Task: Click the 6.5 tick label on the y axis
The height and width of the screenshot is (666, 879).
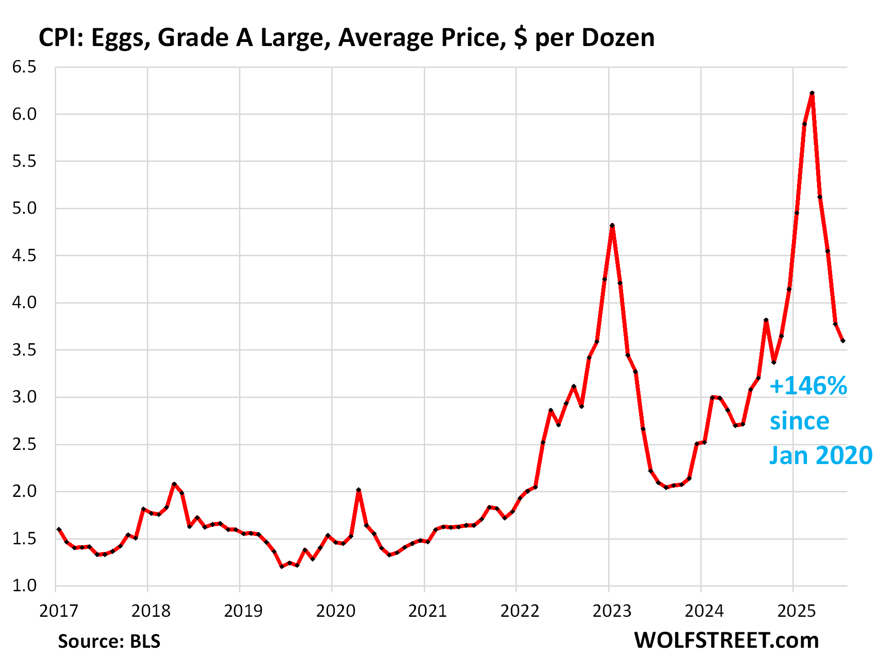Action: pos(24,67)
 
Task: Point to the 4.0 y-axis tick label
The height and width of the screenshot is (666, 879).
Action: pos(24,302)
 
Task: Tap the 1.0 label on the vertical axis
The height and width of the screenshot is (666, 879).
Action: pos(24,585)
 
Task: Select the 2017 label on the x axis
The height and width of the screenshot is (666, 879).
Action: pos(58,611)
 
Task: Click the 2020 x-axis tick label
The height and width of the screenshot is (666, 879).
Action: pos(335,611)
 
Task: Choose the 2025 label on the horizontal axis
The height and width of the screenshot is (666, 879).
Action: pos(796,611)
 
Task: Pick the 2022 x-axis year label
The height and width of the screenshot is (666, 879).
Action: pos(520,611)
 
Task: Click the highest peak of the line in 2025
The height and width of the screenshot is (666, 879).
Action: pos(812,93)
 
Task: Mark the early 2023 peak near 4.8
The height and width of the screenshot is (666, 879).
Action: pos(612,226)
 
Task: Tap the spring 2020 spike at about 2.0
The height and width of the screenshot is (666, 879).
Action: pos(359,490)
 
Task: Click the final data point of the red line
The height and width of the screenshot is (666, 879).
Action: pos(843,341)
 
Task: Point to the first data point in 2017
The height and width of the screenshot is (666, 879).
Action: pos(59,529)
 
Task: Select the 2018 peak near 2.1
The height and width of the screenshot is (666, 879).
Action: pos(174,484)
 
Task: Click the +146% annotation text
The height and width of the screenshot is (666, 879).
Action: pos(808,386)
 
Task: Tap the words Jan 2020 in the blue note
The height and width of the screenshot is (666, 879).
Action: pos(821,455)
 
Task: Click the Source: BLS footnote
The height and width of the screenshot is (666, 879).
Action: pos(109,641)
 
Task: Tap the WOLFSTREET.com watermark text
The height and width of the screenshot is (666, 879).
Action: pos(726,640)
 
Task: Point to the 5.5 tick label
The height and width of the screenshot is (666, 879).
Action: pos(24,161)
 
